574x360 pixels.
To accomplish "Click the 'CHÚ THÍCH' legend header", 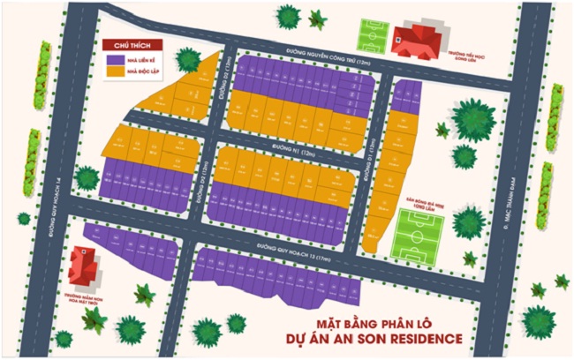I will [125, 44].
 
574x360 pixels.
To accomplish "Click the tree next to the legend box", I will [187, 59].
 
